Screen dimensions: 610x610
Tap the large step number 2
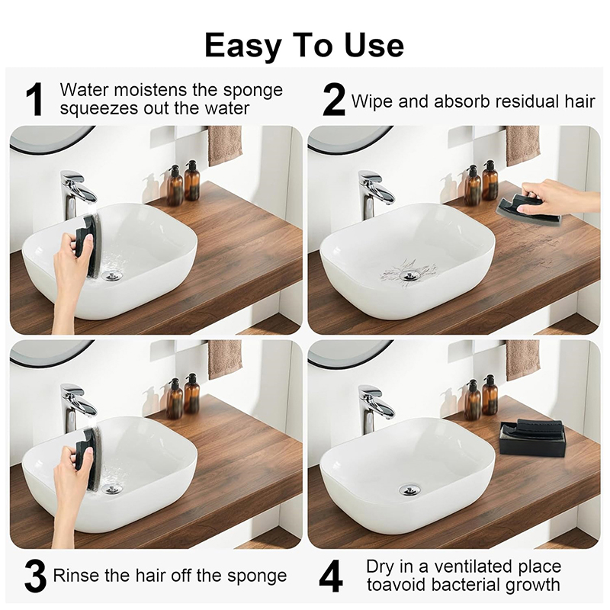(334, 99)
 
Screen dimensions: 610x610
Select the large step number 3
(35, 576)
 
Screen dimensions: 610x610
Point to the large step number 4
(331, 576)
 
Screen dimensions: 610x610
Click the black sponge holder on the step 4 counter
(522, 436)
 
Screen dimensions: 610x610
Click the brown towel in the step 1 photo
(225, 146)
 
